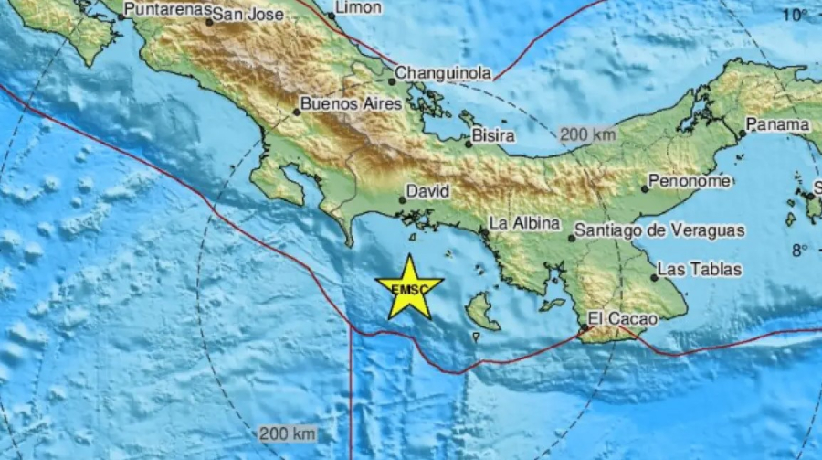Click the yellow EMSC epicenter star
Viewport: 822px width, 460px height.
coord(408,288)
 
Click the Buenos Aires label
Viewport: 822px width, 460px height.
coord(351,104)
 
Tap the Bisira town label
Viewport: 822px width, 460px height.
coord(494,135)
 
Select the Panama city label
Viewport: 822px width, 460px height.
coord(778,124)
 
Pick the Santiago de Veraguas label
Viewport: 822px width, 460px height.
coord(661,231)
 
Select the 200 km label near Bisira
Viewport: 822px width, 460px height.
coord(588,134)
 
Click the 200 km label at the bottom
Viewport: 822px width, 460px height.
coord(288,433)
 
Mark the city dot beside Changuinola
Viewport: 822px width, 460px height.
coord(392,80)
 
